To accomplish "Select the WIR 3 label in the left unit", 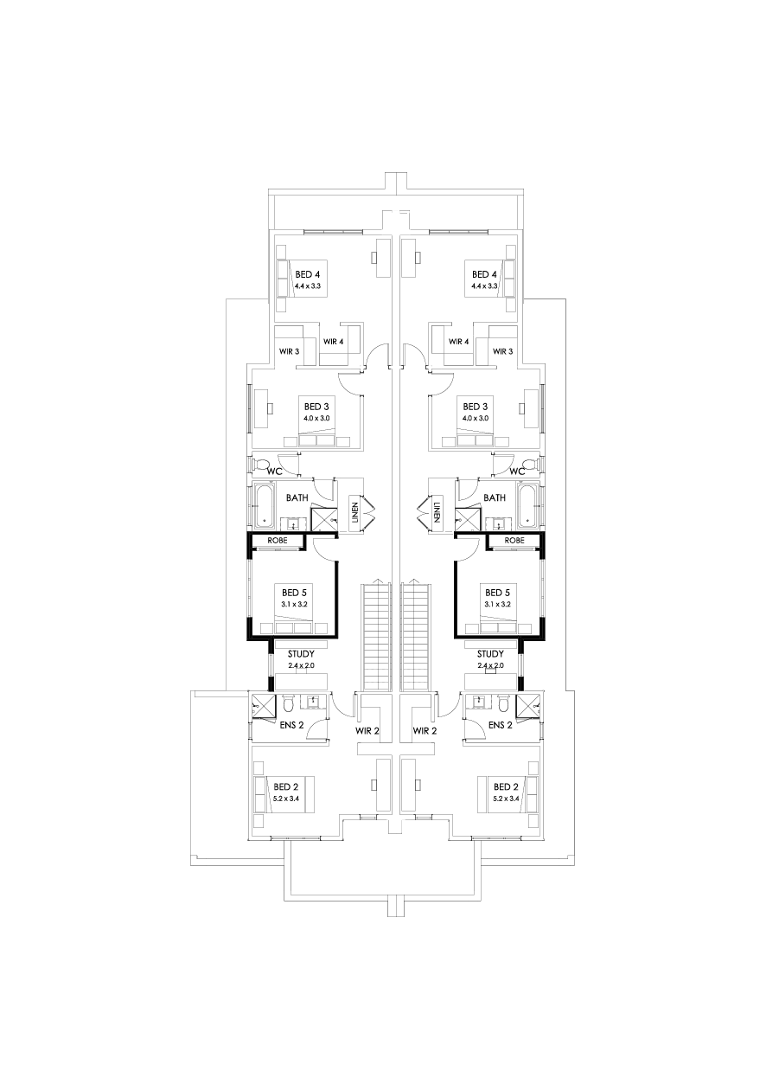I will [289, 351].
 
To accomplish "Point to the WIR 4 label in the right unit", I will [458, 342].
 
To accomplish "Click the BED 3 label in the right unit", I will [476, 406].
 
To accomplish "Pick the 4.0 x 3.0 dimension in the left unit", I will [316, 418].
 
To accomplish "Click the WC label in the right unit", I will [518, 471].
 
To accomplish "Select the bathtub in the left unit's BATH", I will [263, 504].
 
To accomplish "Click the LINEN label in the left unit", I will [353, 511].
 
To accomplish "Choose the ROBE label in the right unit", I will [514, 540].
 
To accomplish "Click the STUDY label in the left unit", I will [302, 654].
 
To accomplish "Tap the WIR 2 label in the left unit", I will [367, 731].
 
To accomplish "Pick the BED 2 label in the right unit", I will [506, 787].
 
